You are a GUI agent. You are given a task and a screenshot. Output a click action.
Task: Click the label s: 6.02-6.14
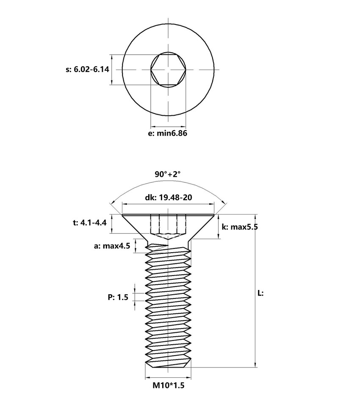point(87,69)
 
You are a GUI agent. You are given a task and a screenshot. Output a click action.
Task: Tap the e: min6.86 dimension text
point(168,133)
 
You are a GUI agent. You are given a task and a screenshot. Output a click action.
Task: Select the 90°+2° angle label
point(168,174)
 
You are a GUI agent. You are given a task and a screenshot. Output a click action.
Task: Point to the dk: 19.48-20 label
point(168,197)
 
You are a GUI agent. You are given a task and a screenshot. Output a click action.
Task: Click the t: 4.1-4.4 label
point(90,223)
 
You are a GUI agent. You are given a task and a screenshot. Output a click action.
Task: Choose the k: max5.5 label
point(240,227)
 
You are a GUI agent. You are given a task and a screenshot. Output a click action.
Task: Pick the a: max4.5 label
point(112,246)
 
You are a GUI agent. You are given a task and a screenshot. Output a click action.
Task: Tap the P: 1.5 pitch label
point(118,297)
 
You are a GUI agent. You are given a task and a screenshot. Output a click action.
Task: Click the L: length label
point(260,293)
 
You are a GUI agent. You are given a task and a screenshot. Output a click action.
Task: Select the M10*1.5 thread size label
point(168,385)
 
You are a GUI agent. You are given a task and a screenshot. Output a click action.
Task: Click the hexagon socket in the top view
point(168,69)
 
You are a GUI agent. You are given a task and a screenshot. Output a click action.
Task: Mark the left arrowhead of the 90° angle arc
point(111,203)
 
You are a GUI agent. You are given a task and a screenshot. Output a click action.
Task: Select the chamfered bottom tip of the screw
point(168,365)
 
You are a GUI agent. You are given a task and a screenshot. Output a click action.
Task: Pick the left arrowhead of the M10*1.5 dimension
point(147,377)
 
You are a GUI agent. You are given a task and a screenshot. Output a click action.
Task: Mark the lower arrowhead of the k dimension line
point(219,236)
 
